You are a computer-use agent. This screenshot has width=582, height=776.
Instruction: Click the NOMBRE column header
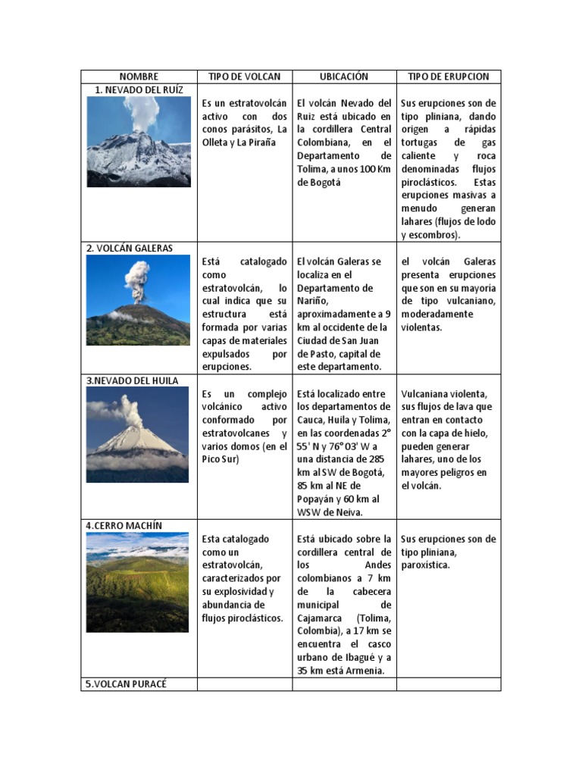coord(139,77)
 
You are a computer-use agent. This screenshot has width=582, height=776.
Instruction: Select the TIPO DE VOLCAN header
coord(244,77)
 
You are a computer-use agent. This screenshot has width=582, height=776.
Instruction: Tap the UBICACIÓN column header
coord(343,77)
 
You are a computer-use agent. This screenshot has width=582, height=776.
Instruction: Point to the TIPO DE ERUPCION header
coord(448,77)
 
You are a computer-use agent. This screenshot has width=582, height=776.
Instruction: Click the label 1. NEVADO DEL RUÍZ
coord(139,89)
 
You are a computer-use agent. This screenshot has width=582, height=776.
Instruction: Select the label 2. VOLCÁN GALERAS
coord(130,248)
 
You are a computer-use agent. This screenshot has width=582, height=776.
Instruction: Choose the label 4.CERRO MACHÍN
coord(124,525)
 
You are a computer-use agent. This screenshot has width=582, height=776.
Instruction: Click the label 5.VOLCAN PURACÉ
coord(126,684)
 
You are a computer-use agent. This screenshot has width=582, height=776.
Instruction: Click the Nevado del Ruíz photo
coord(139,141)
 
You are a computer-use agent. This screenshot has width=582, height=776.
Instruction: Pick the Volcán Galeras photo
coord(138,300)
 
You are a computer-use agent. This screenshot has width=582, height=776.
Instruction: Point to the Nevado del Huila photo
coord(137,434)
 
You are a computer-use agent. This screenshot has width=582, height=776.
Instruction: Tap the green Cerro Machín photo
coord(137,582)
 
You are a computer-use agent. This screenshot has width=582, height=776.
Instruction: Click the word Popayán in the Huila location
coord(318,499)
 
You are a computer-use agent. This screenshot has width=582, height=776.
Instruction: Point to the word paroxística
coord(426,565)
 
